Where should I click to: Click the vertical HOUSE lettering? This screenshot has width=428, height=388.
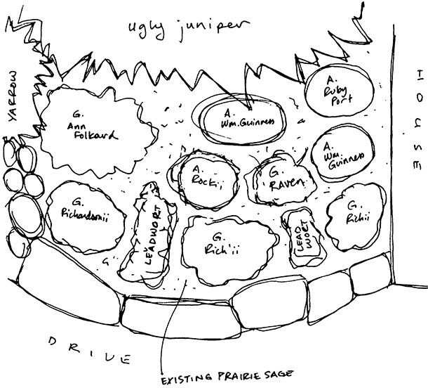coord(416,119)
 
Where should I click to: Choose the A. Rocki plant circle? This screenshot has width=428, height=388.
coord(203,177)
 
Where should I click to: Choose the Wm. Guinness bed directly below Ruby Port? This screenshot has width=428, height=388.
coord(344,154)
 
